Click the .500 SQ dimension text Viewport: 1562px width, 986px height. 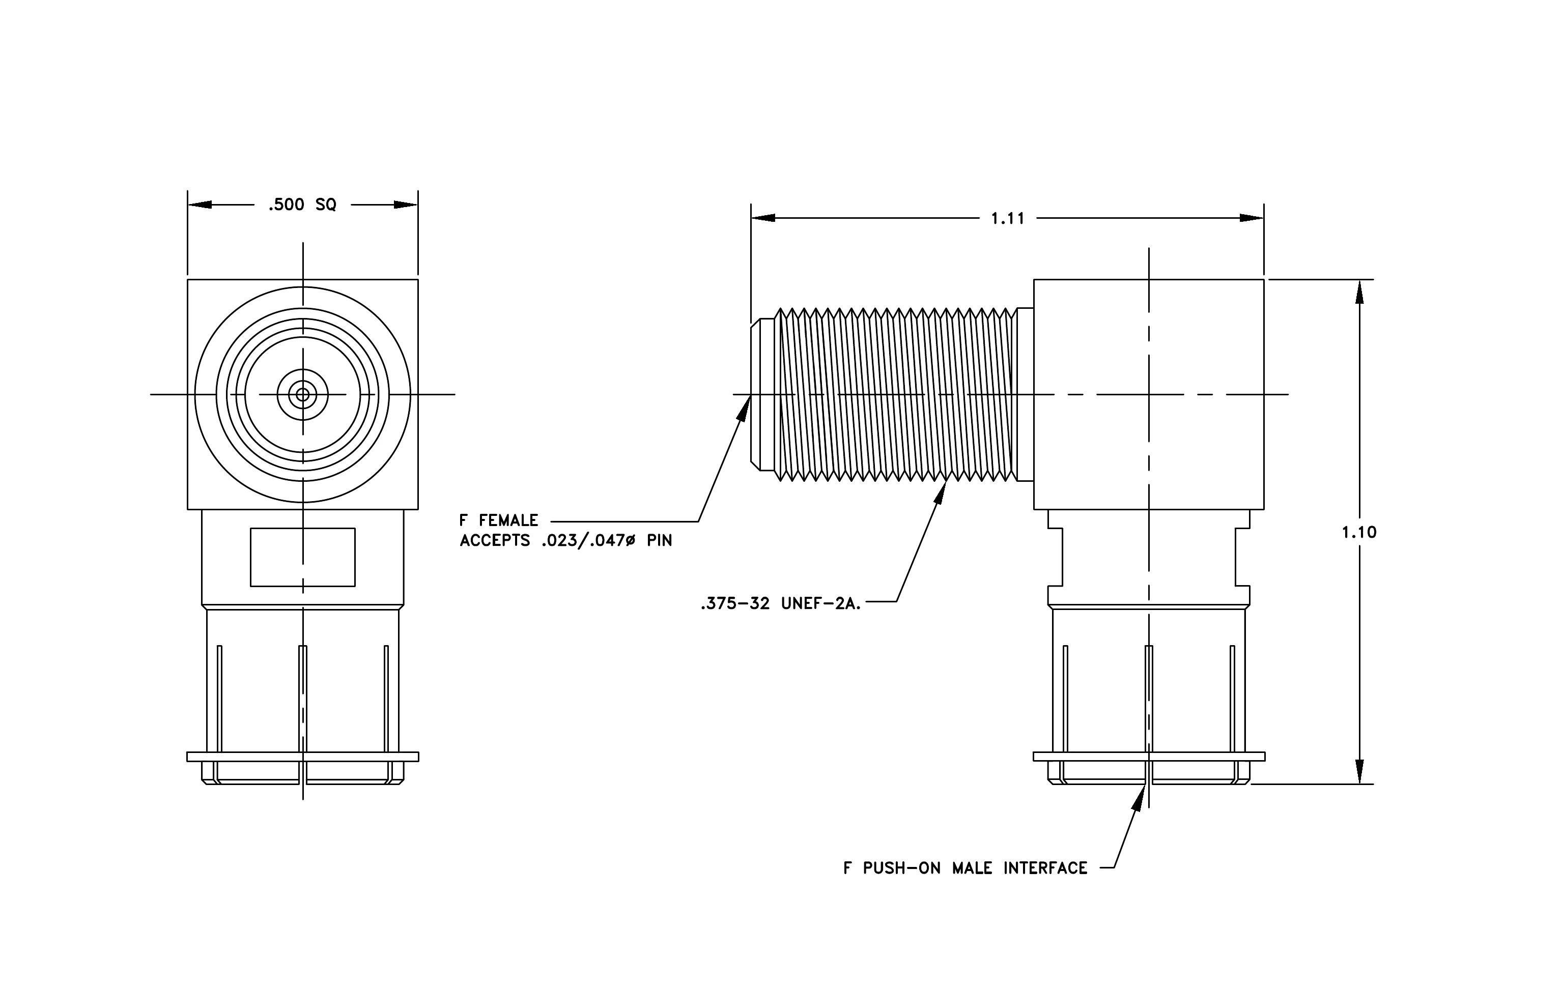[x=303, y=205]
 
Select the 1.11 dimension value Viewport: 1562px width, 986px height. [x=1007, y=218]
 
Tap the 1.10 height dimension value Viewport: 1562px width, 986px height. [x=1359, y=532]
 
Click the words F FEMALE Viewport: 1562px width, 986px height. [x=499, y=520]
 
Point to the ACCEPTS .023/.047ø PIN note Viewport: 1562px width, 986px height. [x=565, y=541]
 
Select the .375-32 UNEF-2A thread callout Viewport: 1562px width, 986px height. [x=781, y=604]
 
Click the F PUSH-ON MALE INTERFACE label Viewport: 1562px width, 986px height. [x=965, y=868]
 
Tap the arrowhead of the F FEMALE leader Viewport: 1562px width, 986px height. [x=746, y=407]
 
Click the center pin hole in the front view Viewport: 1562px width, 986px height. [x=302, y=394]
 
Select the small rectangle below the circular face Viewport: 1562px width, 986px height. [x=303, y=558]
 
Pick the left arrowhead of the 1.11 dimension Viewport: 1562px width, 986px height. [x=763, y=218]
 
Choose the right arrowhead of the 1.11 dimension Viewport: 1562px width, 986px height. [x=1252, y=218]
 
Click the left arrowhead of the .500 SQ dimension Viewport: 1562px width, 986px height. [x=200, y=205]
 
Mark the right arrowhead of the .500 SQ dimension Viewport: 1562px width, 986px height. [x=406, y=205]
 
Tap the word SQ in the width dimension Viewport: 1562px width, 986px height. [x=326, y=205]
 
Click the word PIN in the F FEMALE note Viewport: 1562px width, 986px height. [x=660, y=541]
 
